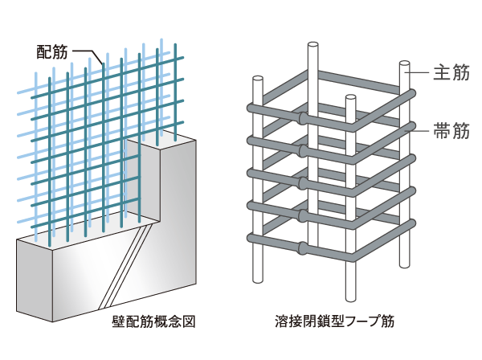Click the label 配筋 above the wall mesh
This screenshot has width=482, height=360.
coord(53,52)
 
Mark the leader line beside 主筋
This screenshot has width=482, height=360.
coord(420,73)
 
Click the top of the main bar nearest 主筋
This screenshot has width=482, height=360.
coord(405,63)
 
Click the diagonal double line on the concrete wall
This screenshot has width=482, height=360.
coord(125,265)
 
